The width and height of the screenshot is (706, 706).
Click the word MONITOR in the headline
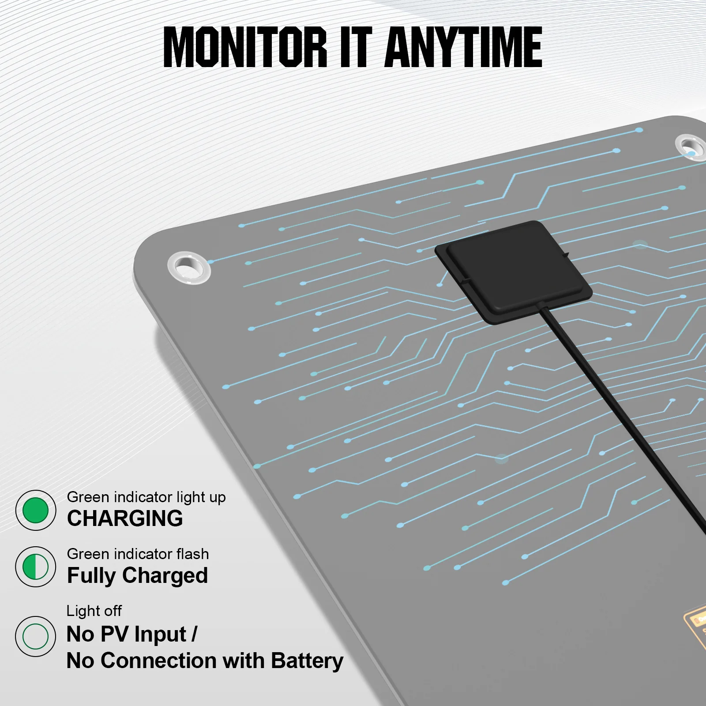[245, 47]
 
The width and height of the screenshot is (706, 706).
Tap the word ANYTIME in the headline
[463, 47]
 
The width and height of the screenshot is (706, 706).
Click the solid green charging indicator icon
[35, 510]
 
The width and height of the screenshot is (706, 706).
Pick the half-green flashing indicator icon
[35, 567]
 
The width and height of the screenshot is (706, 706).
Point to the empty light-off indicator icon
[35, 636]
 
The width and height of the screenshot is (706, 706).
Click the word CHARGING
[125, 518]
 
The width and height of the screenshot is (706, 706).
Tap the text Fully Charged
[137, 575]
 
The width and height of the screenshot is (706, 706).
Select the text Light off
[94, 611]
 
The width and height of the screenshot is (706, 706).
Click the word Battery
[307, 661]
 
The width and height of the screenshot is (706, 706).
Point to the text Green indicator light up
[146, 497]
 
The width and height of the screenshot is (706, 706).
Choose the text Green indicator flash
[138, 554]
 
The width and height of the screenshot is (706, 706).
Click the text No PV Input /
[131, 635]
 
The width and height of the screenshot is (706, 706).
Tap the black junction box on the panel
[514, 271]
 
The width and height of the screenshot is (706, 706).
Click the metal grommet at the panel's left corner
[189, 267]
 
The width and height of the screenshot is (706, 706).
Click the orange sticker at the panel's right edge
[696, 627]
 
